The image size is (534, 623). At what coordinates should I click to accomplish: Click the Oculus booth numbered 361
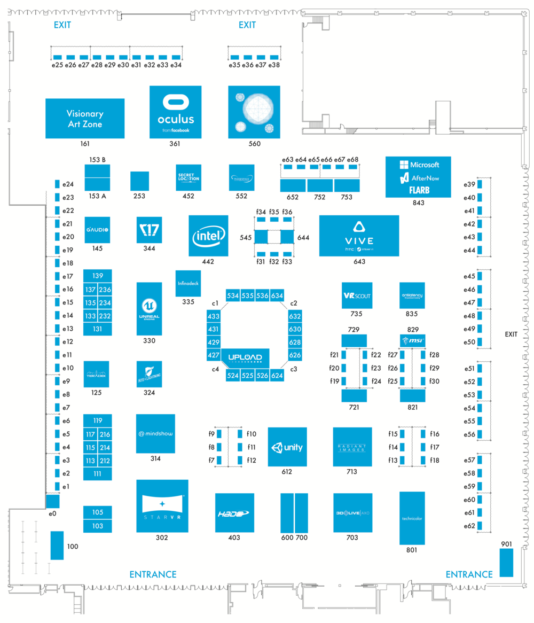click(175, 112)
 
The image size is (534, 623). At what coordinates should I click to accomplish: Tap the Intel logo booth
click(208, 235)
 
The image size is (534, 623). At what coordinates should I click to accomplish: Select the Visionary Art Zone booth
click(85, 118)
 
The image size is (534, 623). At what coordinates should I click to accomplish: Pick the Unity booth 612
click(287, 447)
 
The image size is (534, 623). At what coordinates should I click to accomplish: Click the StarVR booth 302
click(162, 505)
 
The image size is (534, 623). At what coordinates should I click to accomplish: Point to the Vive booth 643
click(359, 236)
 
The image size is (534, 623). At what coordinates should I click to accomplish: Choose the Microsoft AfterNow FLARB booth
click(418, 177)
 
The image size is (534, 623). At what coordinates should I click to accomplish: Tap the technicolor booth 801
click(412, 518)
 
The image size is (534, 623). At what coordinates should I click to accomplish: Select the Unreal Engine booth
click(149, 309)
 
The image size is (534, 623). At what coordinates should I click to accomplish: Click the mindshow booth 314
click(155, 433)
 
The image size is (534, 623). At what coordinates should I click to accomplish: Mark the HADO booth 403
click(234, 512)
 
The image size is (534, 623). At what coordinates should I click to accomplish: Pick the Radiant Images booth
click(352, 447)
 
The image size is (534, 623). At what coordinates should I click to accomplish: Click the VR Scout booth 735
click(357, 295)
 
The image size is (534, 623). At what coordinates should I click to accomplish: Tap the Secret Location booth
click(189, 177)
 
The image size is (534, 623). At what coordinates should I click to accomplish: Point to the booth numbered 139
click(98, 276)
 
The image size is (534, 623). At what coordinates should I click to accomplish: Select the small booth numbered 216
click(105, 434)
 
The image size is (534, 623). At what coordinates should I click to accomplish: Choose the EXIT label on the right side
click(512, 334)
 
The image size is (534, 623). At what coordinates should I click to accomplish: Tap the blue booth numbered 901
click(506, 563)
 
